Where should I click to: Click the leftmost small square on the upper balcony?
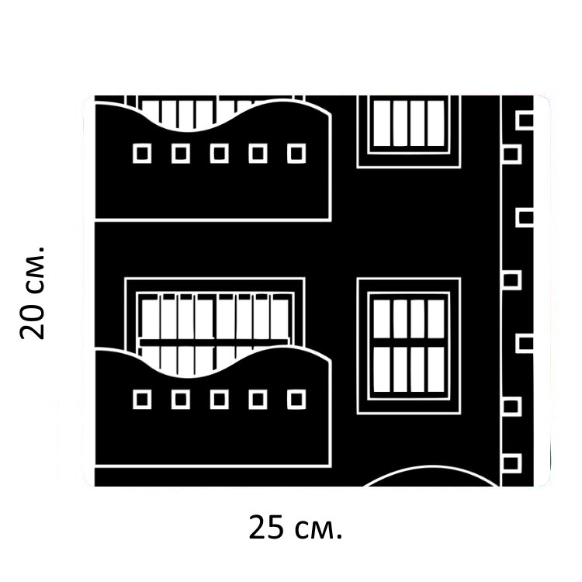(142, 154)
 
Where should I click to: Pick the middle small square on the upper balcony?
(220, 154)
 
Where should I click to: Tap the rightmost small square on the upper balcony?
(296, 154)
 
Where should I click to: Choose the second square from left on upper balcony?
(181, 154)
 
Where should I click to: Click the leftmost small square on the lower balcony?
(142, 400)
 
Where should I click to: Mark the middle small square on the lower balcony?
(220, 400)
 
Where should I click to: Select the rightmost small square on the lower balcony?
(296, 400)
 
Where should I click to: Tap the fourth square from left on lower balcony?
(258, 400)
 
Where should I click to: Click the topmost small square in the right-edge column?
(525, 120)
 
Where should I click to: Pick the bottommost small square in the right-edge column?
(511, 464)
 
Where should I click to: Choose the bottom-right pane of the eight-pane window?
(436, 369)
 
